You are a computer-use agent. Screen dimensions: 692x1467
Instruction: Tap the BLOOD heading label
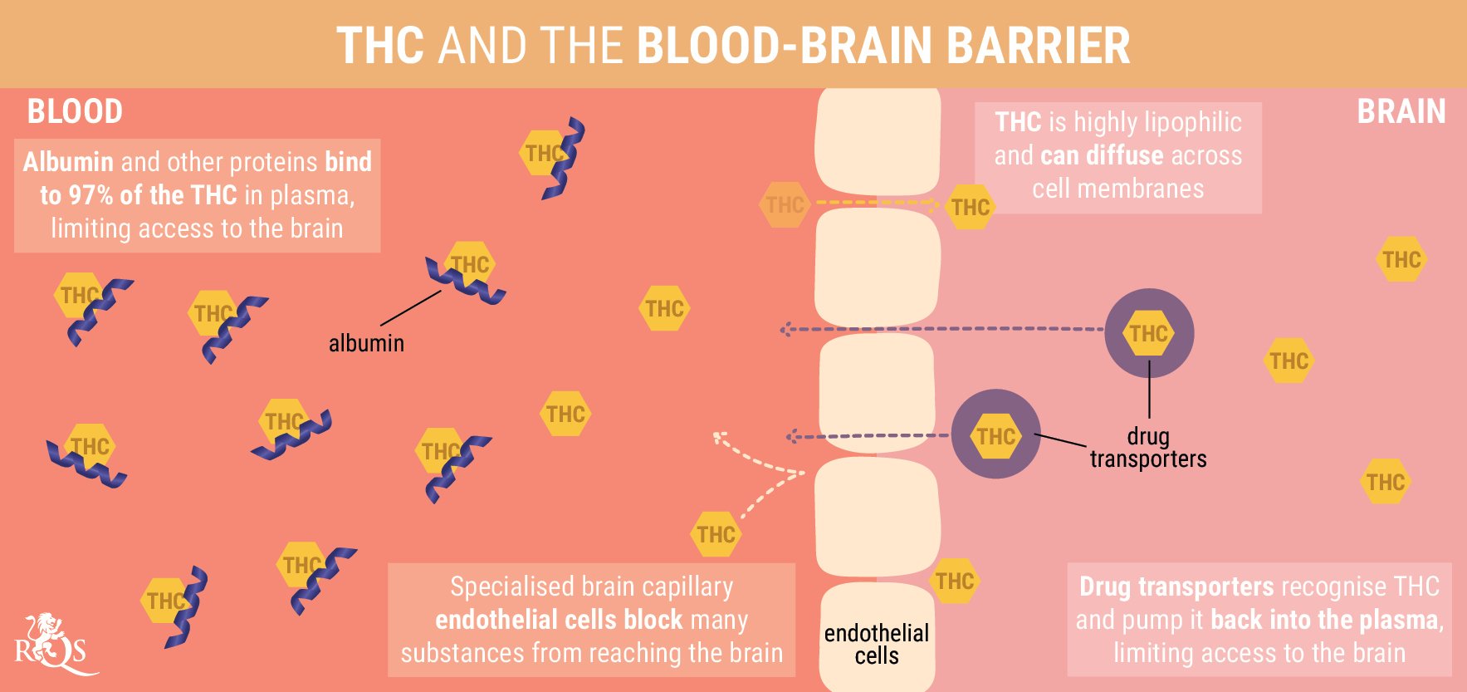click(x=75, y=111)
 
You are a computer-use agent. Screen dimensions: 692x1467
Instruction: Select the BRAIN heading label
click(x=1401, y=111)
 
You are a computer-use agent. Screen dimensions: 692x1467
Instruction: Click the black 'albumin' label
click(x=366, y=343)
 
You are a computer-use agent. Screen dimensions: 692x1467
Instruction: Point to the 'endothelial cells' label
click(x=877, y=644)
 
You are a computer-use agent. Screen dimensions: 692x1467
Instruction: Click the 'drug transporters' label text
click(x=1148, y=448)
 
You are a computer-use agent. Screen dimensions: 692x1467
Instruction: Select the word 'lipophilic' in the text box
click(x=1193, y=122)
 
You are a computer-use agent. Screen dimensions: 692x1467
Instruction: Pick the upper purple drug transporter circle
click(x=1149, y=333)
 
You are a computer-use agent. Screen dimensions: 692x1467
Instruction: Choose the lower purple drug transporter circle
click(x=995, y=434)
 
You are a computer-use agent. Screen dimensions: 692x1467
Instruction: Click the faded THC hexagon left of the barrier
click(x=785, y=204)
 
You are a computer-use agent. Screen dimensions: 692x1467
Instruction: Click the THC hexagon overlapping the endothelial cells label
click(x=954, y=581)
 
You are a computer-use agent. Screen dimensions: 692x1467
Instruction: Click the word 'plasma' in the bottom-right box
click(x=1407, y=620)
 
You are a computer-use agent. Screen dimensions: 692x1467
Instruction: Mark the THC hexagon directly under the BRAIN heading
click(x=1401, y=259)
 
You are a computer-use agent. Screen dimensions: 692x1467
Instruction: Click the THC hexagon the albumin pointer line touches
click(x=470, y=264)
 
